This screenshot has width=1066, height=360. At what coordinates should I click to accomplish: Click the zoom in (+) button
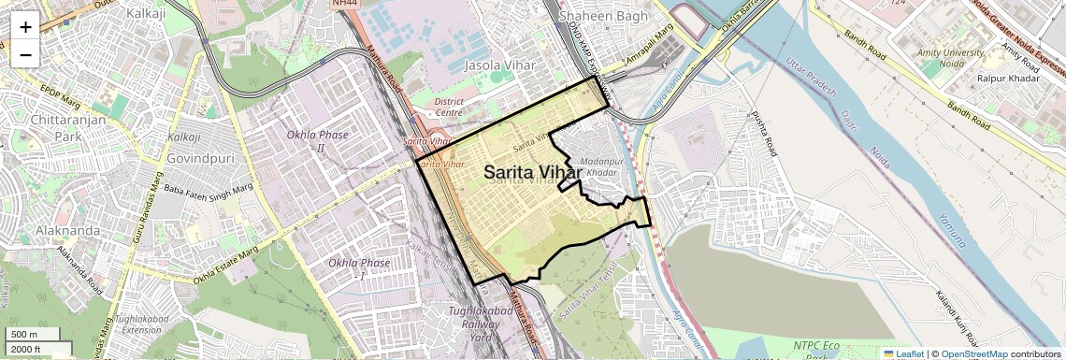point(25,26)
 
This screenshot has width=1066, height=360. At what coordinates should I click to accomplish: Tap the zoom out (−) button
point(25,54)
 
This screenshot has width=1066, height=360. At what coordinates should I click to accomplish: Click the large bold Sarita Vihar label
point(533,173)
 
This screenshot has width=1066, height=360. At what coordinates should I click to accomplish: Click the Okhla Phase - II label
point(319,141)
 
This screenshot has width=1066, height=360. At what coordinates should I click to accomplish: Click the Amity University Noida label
point(950,59)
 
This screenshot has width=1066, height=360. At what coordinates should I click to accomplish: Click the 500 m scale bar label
point(25,335)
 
